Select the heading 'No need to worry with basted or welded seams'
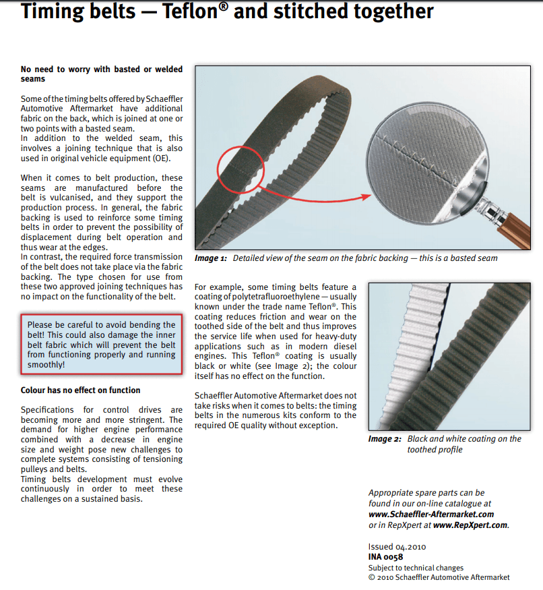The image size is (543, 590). click(x=101, y=73)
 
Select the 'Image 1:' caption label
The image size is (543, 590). click(x=211, y=259)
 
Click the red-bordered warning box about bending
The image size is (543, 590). click(x=102, y=345)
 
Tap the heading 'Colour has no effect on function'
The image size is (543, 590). click(x=81, y=390)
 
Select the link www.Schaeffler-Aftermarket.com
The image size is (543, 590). click(x=431, y=514)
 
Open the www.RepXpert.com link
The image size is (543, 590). click(x=470, y=525)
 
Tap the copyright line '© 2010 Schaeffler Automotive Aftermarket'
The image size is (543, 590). click(x=439, y=577)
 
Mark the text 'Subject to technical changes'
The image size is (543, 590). click(x=416, y=568)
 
